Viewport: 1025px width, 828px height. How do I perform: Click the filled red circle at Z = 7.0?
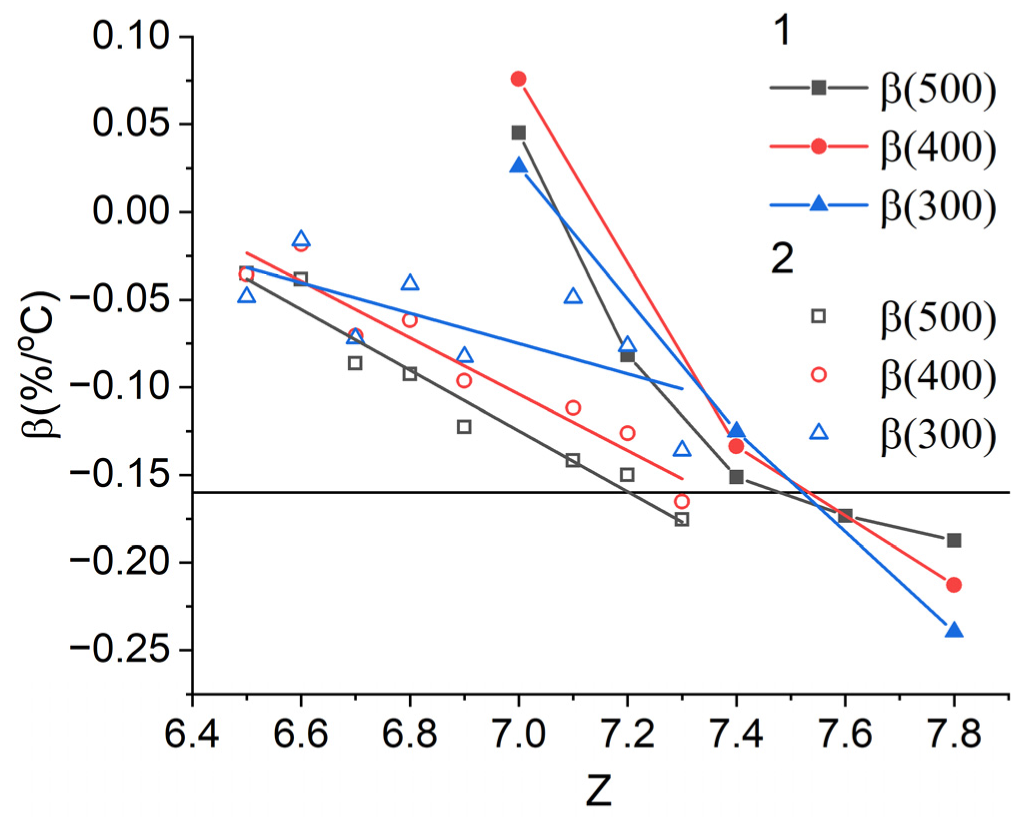coord(518,79)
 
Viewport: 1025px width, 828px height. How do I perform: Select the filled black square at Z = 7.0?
coord(518,133)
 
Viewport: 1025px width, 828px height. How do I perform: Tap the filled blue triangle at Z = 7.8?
coord(954,630)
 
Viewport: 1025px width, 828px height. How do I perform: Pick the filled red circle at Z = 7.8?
coord(954,584)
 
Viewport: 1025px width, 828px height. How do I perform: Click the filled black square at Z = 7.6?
coord(845,515)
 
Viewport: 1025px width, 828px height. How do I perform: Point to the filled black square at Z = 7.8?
coord(954,540)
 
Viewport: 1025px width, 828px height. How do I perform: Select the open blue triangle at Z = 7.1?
coord(573,296)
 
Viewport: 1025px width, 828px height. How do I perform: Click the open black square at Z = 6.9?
coord(464,427)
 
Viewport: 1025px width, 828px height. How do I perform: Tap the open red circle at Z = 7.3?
coord(681,501)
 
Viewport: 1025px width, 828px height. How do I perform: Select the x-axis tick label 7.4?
coord(736,734)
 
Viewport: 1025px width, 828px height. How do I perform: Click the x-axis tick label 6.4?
coord(191,734)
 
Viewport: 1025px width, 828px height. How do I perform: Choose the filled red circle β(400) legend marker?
coord(818,146)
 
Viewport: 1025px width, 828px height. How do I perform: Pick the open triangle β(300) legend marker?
coord(818,431)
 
